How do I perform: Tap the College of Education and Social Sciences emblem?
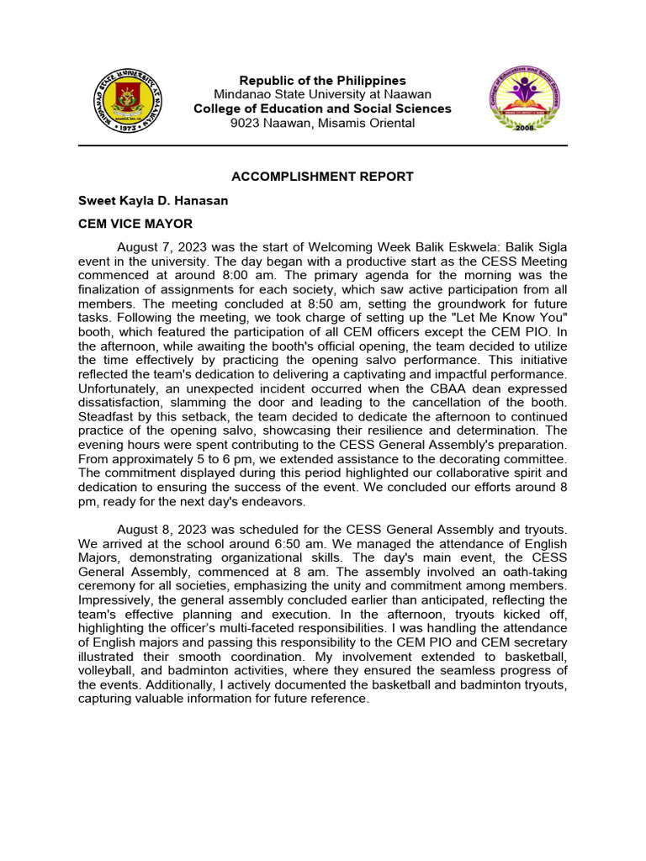point(522,101)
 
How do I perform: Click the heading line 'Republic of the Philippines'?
point(322,81)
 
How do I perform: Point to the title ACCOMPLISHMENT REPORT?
point(322,177)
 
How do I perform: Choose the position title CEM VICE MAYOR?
point(135,224)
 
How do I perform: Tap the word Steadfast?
point(105,416)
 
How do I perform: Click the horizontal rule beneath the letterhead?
point(322,145)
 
